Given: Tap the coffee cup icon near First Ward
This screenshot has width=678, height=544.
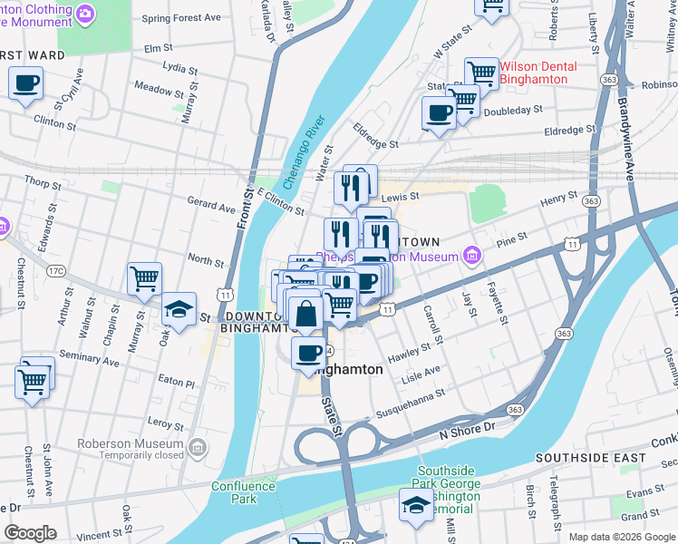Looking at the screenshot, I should click(26, 85).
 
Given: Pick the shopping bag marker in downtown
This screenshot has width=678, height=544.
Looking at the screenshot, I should click(307, 313).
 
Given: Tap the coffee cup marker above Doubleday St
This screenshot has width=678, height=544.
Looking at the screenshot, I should click(440, 113).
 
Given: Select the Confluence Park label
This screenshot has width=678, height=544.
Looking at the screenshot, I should click(243, 492).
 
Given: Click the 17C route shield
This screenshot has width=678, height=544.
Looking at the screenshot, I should click(55, 270).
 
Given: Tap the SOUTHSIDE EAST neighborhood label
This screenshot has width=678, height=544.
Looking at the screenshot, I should click(590, 459).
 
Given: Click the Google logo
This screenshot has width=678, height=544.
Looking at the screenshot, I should click(30, 533).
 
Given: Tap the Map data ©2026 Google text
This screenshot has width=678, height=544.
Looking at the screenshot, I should click(621, 537).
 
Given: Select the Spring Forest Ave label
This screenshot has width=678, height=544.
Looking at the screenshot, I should click(180, 18).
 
